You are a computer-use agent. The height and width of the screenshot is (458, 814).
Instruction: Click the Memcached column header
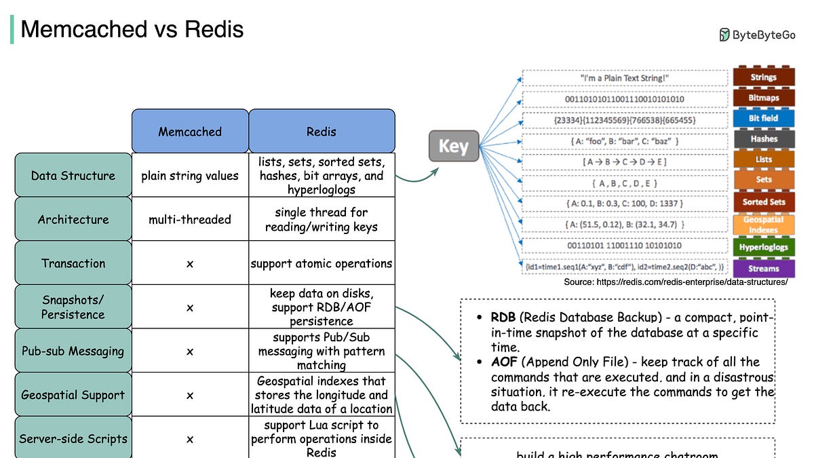click(190, 131)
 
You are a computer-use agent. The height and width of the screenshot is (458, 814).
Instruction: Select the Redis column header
click(322, 131)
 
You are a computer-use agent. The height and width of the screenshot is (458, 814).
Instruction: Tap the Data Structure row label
click(73, 176)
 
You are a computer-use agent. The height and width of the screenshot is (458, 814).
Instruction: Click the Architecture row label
click(73, 219)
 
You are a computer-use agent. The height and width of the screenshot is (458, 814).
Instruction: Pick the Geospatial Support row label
click(73, 395)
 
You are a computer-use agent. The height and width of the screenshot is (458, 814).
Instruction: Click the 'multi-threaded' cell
click(190, 219)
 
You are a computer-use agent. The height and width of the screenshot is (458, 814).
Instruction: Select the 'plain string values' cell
click(190, 176)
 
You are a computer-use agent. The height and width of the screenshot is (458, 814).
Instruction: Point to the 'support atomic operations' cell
click(322, 263)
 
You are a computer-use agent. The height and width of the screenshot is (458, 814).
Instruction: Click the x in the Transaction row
click(190, 263)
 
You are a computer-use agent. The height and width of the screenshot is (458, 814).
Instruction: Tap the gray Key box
click(453, 146)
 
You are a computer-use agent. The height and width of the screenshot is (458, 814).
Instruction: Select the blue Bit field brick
click(763, 118)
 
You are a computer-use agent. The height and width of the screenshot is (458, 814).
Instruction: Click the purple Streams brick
click(763, 268)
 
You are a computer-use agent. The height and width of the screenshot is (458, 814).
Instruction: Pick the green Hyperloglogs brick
click(763, 247)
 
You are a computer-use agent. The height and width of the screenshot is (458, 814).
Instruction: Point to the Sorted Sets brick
click(763, 202)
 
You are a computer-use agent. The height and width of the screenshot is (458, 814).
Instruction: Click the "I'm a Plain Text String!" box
click(625, 78)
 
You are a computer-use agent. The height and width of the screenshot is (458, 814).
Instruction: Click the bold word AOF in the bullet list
click(504, 362)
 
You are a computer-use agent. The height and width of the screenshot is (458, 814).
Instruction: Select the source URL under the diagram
click(676, 282)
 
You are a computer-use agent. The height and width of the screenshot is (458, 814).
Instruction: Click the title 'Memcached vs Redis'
click(132, 30)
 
